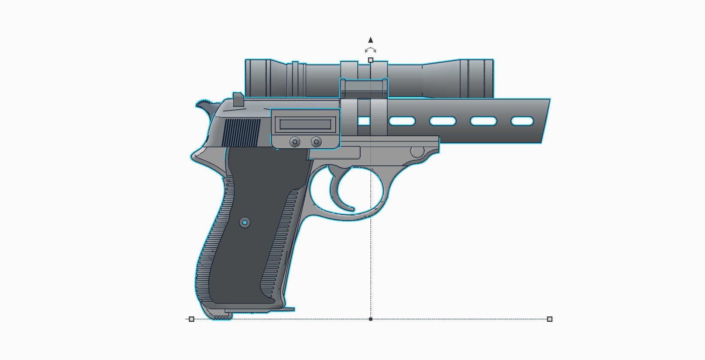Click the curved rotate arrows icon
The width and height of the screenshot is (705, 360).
pyautogui.click(x=371, y=50)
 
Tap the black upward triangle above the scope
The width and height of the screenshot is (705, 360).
pyautogui.click(x=371, y=40)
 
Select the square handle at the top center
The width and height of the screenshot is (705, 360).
pyautogui.click(x=371, y=60)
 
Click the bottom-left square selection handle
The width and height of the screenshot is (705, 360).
pyautogui.click(x=192, y=319)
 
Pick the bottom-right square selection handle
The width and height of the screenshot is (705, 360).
pyautogui.click(x=550, y=319)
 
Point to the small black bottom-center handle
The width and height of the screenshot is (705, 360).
pyautogui.click(x=371, y=319)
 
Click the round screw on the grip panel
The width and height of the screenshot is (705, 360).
pyautogui.click(x=244, y=222)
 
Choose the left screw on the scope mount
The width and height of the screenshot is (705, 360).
pyautogui.click(x=295, y=141)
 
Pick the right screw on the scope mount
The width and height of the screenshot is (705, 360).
pyautogui.click(x=316, y=141)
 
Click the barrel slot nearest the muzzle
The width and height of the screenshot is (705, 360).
pyautogui.click(x=522, y=121)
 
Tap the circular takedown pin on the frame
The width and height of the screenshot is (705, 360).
pyautogui.click(x=417, y=151)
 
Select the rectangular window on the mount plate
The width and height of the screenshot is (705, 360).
pyautogui.click(x=305, y=124)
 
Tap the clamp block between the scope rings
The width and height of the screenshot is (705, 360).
pyautogui.click(x=364, y=88)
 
